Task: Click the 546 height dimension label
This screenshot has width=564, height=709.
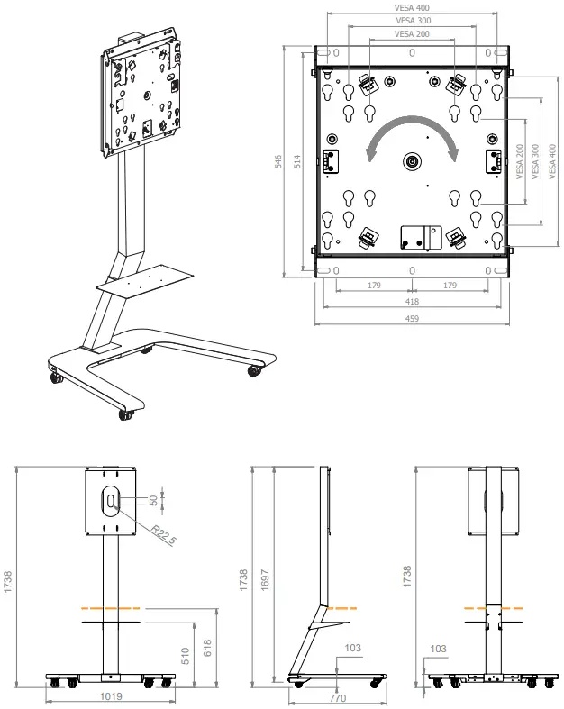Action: [279, 161]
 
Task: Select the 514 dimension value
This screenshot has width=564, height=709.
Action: [299, 161]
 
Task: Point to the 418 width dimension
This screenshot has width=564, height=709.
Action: [412, 302]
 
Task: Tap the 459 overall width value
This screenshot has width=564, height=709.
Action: [412, 318]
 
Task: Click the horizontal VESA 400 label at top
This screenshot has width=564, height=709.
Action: [412, 7]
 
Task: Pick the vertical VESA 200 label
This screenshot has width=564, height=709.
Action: [519, 162]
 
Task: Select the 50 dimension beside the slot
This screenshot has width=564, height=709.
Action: [153, 499]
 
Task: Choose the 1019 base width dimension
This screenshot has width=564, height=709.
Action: [111, 696]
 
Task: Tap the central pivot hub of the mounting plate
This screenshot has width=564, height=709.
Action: [412, 162]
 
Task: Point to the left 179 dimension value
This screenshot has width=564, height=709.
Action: [374, 286]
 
